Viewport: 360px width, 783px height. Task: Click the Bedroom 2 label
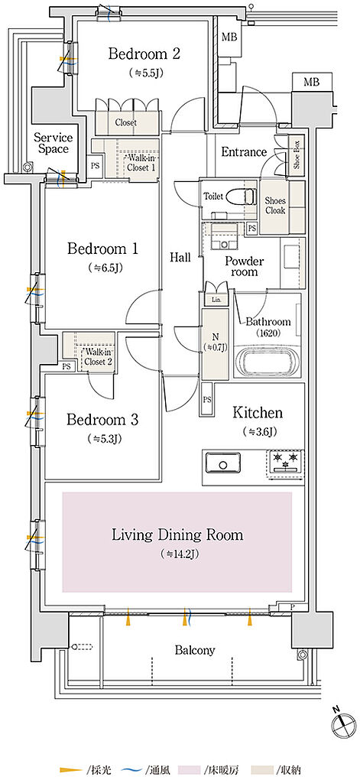pyautogui.click(x=144, y=54)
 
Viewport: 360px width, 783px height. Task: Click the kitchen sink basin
pyautogui.click(x=222, y=463)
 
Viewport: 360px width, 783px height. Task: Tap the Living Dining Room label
pyautogui.click(x=177, y=535)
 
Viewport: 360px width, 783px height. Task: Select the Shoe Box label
pyautogui.click(x=297, y=154)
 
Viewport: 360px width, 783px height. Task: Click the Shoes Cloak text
pyautogui.click(x=275, y=205)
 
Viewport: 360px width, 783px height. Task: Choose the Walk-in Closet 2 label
pyautogui.click(x=98, y=357)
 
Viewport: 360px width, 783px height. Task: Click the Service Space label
pyautogui.click(x=54, y=143)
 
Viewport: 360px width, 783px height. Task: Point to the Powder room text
pyautogui.click(x=244, y=267)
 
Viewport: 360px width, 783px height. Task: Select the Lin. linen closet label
pyautogui.click(x=217, y=300)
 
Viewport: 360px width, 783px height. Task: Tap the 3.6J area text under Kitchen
pyautogui.click(x=258, y=431)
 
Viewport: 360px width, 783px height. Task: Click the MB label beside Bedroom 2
pyautogui.click(x=229, y=37)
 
